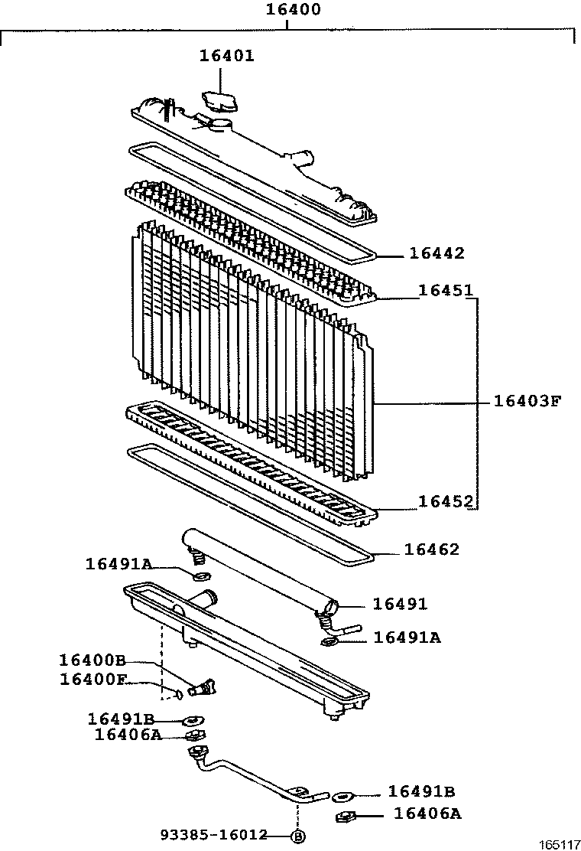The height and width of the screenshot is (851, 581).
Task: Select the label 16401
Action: [227, 56]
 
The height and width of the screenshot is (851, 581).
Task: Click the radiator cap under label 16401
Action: [219, 101]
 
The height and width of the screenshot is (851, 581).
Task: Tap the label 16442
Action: [437, 253]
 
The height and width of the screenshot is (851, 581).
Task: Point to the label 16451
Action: [446, 291]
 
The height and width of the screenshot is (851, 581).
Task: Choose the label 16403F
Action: [528, 400]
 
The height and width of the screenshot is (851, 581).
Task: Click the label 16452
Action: [446, 501]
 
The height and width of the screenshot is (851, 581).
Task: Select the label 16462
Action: [432, 549]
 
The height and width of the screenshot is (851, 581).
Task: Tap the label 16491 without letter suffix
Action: [400, 604]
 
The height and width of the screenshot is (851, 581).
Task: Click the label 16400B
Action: [92, 660]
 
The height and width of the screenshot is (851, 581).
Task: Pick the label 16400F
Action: [92, 679]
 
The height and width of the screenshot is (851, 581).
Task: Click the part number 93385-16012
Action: [214, 835]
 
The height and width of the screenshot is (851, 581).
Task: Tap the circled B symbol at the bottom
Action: [298, 836]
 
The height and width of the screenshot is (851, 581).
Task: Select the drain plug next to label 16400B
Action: [203, 688]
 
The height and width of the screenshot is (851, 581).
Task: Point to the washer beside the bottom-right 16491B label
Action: [343, 797]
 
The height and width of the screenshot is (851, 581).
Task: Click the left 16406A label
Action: [128, 735]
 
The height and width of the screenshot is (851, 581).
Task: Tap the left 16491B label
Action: [122, 719]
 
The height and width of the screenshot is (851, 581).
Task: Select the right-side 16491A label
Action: [407, 637]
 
